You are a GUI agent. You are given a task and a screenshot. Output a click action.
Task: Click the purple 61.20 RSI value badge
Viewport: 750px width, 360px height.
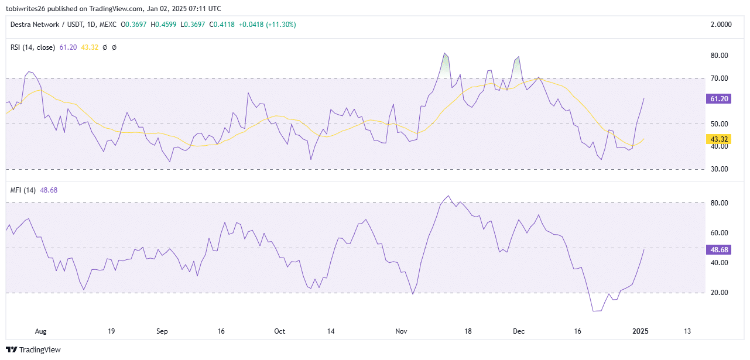[x=719, y=99]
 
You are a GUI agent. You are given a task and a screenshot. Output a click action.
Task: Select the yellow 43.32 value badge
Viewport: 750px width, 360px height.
[x=719, y=139]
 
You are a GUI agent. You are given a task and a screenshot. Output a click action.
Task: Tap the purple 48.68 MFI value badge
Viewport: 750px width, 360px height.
[x=719, y=249]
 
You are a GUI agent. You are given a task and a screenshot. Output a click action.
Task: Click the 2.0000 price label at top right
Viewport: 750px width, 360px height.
[x=720, y=25]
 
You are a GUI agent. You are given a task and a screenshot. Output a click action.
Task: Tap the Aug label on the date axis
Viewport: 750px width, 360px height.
[x=40, y=331]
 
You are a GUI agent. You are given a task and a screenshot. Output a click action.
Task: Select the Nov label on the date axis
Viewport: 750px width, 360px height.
[x=401, y=331]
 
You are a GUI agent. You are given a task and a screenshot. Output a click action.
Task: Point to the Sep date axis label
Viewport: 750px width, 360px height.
[x=162, y=331]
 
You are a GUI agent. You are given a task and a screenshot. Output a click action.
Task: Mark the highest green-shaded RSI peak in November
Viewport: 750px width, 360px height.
[x=445, y=54]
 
